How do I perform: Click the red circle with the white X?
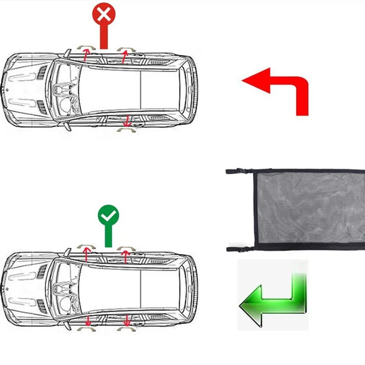click(104, 15)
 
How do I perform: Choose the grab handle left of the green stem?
click(86, 246)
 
